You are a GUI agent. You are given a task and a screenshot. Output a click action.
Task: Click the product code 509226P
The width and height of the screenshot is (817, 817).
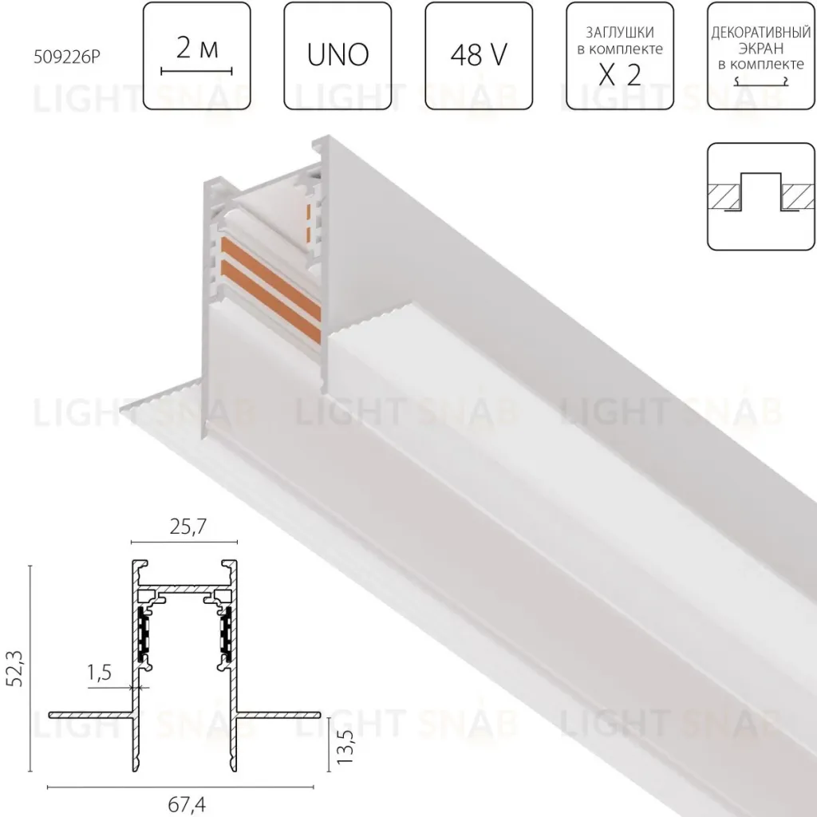tap(66, 57)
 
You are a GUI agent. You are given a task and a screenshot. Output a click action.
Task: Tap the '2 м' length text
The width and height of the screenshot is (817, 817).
tap(197, 49)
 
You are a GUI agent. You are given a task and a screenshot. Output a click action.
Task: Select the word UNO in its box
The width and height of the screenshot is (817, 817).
tap(337, 54)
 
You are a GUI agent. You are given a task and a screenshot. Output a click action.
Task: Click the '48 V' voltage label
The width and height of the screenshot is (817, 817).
tap(479, 55)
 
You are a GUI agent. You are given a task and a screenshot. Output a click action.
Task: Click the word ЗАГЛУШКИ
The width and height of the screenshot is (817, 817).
tap(619, 32)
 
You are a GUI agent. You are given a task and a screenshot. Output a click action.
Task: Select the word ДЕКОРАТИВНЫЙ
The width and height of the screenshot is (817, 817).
tap(760, 33)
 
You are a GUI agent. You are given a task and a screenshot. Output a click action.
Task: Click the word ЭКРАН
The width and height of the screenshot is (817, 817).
tap(760, 49)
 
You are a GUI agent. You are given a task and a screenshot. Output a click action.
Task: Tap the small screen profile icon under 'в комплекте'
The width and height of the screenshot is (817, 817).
tap(760, 81)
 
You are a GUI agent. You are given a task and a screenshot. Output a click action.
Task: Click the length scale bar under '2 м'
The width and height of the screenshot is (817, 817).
tap(196, 71)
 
